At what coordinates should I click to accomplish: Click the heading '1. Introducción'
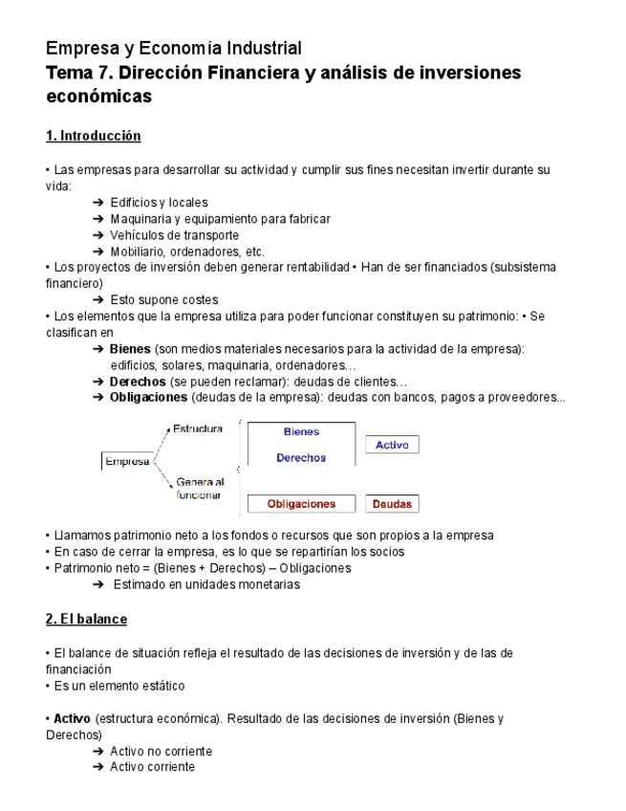coord(94,136)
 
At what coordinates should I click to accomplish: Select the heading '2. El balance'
coord(86,619)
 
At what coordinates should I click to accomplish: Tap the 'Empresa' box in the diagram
coord(127,462)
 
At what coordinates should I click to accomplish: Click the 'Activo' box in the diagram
coord(392,445)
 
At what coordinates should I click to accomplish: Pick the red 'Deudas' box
coord(392,504)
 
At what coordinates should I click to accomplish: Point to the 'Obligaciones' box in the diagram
coord(301,504)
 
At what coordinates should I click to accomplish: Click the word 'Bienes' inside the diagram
coord(301,432)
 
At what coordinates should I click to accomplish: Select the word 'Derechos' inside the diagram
coord(301,458)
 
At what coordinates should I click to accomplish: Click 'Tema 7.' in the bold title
coord(79,73)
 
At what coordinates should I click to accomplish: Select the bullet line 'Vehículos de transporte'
coord(174,234)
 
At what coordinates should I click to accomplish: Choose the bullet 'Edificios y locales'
coord(159,202)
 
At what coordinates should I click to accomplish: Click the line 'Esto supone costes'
coord(163,299)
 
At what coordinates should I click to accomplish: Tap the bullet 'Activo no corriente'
coord(161,751)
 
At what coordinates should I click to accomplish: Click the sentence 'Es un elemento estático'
coord(119,686)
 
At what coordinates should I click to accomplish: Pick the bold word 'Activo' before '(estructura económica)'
coord(72,718)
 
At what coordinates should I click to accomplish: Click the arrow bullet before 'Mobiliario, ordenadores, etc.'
coord(98,252)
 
